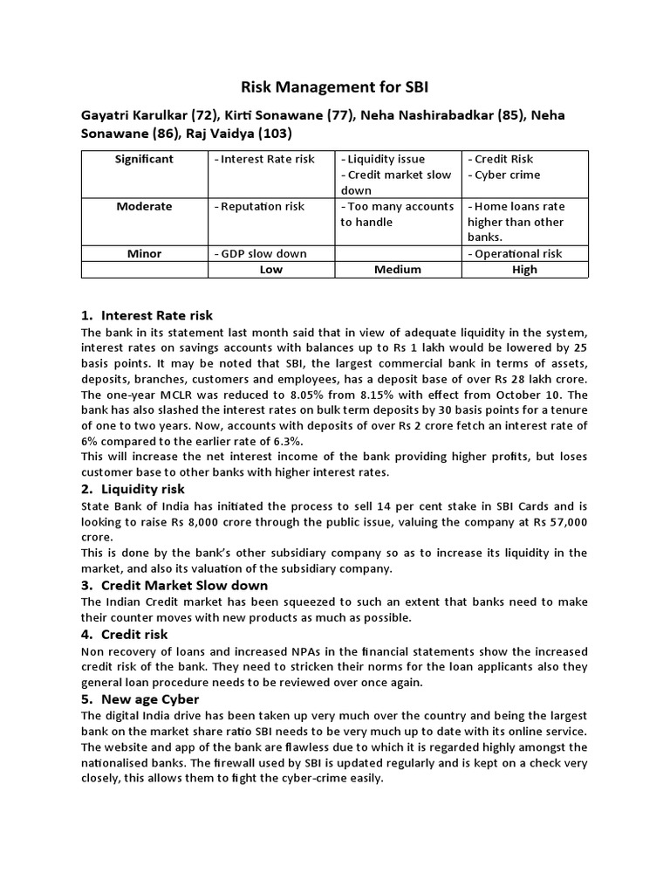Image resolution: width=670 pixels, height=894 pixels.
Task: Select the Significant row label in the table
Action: point(144,159)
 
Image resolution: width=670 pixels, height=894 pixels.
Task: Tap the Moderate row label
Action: point(144,206)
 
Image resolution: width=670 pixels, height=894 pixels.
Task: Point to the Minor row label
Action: point(144,253)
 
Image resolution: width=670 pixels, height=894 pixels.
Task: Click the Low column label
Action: point(271,270)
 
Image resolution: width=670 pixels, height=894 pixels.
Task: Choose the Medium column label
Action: point(398,270)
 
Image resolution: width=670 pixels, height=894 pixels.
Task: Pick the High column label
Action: point(525,270)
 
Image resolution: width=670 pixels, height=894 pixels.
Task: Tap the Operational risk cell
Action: point(517,253)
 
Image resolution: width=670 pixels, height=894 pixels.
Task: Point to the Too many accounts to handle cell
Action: point(398,214)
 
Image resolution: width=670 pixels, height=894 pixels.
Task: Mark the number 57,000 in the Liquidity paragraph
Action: point(565,521)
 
